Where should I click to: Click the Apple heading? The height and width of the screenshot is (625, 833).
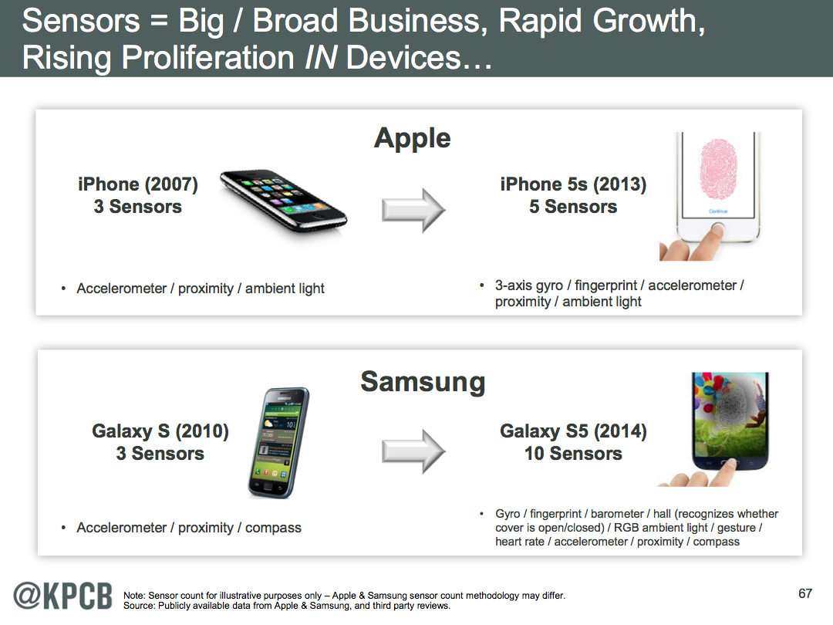coord(412,139)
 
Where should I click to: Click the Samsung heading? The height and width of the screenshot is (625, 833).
coord(423,383)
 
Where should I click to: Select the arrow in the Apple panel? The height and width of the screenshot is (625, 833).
coord(413,210)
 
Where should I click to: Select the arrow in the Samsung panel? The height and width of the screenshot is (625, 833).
coord(413,451)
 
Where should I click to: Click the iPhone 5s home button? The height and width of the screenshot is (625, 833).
coord(718,230)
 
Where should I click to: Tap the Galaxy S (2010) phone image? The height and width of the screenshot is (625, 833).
coord(278,443)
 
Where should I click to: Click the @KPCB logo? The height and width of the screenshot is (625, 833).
coord(62,596)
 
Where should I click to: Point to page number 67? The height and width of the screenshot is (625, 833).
coord(805,593)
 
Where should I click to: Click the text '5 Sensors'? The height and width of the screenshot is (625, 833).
coord(573,207)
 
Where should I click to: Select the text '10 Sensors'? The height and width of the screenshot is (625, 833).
coord(573,454)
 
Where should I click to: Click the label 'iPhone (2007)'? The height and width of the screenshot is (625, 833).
coord(138,184)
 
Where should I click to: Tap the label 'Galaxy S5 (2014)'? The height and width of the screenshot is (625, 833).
coord(573,431)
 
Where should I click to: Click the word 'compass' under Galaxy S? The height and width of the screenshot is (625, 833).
coord(273,528)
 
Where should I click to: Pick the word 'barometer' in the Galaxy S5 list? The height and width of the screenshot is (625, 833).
coord(617,514)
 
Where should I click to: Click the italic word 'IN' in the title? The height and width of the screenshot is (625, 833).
coord(321,57)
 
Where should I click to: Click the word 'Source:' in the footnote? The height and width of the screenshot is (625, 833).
coord(139,606)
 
